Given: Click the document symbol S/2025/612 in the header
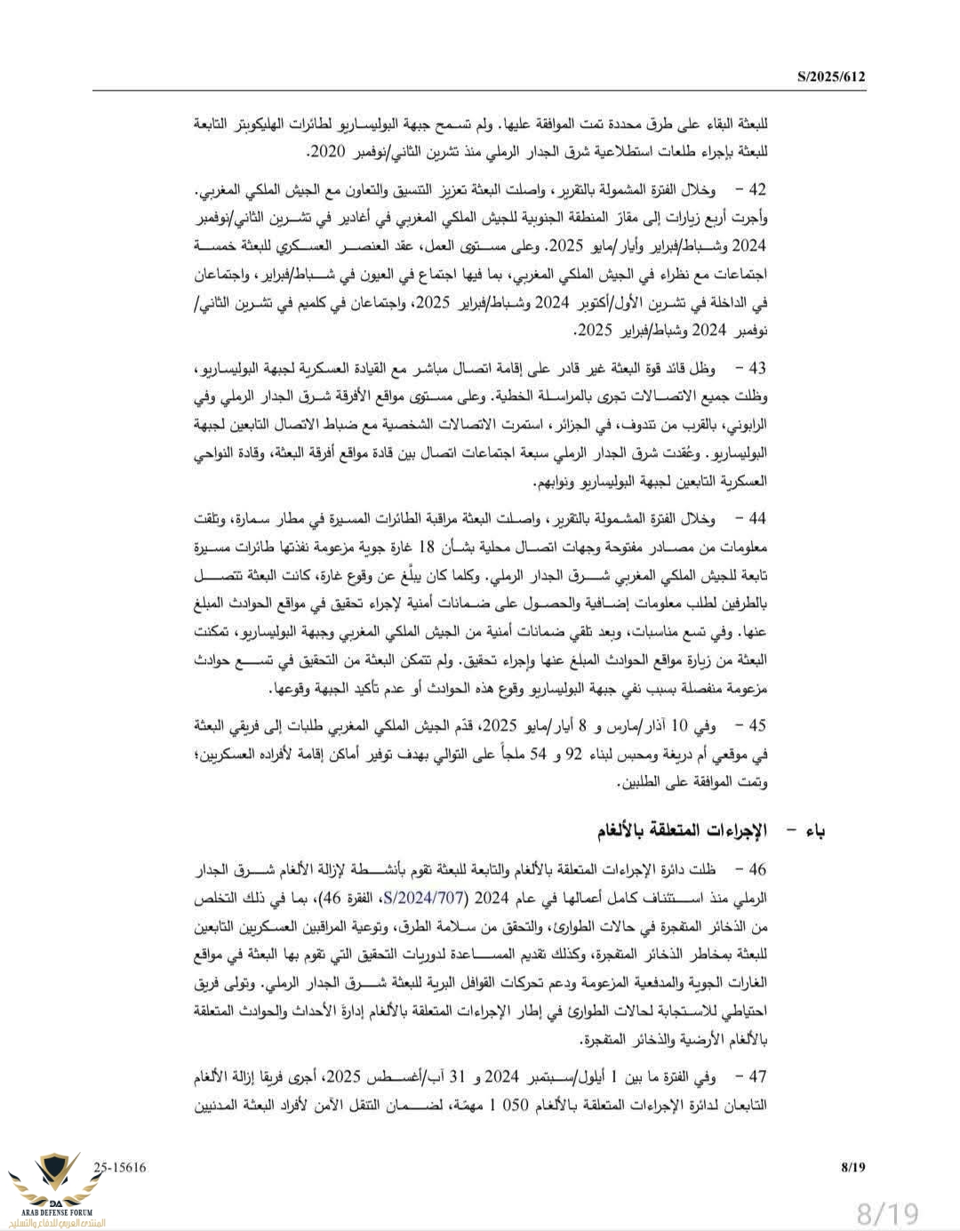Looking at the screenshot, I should click(830, 77).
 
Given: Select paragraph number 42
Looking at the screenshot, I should click(756, 191).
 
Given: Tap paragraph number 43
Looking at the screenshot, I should click(756, 368).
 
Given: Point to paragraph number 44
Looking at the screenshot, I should click(756, 518).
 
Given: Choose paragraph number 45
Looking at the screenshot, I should click(756, 726).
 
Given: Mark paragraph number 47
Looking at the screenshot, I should click(756, 1077).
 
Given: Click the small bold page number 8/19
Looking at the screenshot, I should click(852, 1167).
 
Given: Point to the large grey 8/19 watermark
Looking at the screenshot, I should click(886, 1211).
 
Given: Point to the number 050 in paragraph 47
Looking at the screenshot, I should click(513, 1106).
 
